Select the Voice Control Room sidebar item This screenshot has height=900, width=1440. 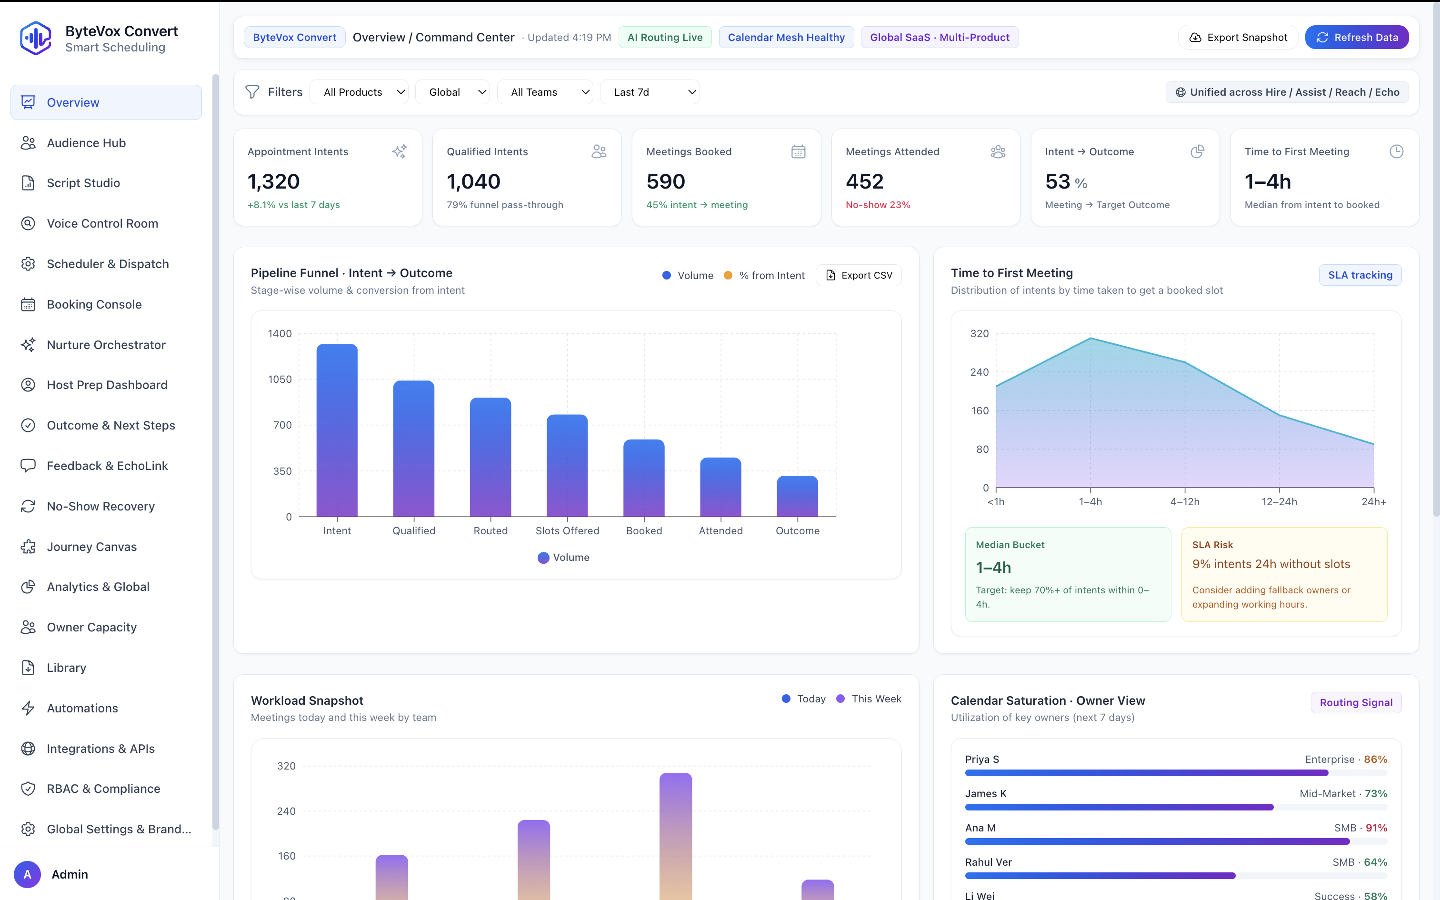(102, 224)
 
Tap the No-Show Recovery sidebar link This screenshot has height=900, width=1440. (100, 507)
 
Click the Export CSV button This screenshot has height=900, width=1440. (859, 276)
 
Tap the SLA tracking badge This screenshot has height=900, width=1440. (1360, 275)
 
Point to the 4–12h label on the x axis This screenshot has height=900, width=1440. (1184, 502)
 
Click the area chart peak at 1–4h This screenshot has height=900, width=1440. (1090, 339)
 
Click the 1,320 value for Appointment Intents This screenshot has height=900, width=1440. (274, 181)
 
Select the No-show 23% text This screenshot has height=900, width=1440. (878, 205)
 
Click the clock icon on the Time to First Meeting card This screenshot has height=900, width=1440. (1396, 152)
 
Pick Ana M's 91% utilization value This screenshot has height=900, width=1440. (1376, 828)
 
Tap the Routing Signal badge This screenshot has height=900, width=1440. (1356, 702)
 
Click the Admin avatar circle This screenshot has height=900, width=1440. (27, 874)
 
